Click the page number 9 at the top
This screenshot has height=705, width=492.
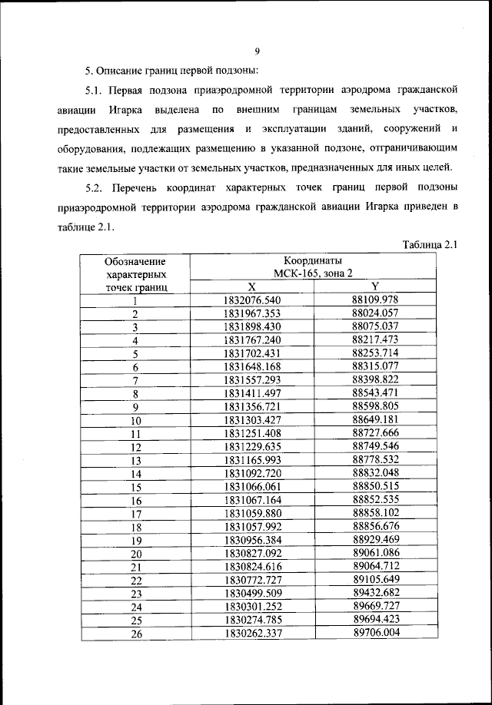[258, 51]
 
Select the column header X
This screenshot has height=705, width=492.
[251, 286]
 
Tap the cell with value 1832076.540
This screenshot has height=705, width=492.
[251, 300]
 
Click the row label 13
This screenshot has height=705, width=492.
[136, 460]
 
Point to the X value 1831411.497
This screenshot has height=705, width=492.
[251, 393]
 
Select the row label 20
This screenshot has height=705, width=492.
[136, 553]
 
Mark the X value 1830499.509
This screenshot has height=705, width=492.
[251, 593]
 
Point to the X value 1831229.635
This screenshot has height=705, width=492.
[251, 446]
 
